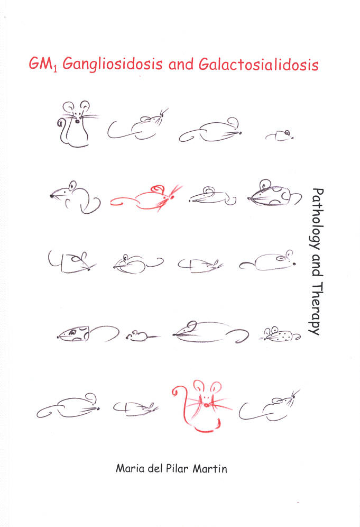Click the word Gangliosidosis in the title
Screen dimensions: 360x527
coord(113,64)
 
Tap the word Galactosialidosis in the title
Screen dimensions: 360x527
coord(259,64)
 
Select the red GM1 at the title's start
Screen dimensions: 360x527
coord(43,63)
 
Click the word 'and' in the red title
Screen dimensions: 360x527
coord(181,64)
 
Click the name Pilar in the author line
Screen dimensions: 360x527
coord(177,468)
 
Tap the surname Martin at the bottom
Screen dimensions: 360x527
coord(210,468)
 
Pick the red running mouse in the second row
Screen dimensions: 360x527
coord(146,198)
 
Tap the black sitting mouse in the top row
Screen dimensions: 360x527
coord(77,124)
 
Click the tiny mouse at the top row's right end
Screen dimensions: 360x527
coord(280,135)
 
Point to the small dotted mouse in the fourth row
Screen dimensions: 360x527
coord(280,334)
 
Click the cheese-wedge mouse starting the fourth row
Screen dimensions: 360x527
coord(88,333)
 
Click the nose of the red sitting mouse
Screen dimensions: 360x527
coord(206,405)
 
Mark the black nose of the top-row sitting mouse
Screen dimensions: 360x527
coord(78,121)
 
